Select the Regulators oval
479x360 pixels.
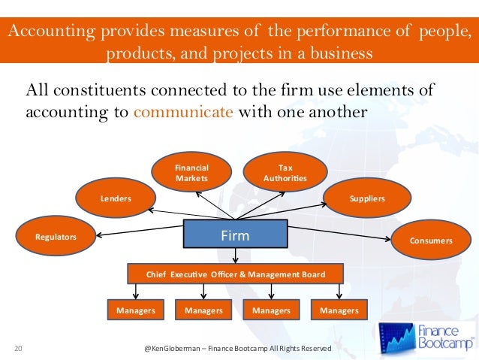(x=56, y=237)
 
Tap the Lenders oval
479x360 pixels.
(x=116, y=198)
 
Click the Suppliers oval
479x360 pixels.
(x=367, y=198)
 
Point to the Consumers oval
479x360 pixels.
(x=431, y=241)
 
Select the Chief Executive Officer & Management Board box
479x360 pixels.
(x=235, y=274)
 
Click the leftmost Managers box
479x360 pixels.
(x=136, y=310)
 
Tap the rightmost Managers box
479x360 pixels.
(x=339, y=310)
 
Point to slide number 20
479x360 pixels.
(x=19, y=348)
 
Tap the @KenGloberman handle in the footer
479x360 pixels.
(x=177, y=349)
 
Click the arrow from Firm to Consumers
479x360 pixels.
(x=338, y=238)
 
